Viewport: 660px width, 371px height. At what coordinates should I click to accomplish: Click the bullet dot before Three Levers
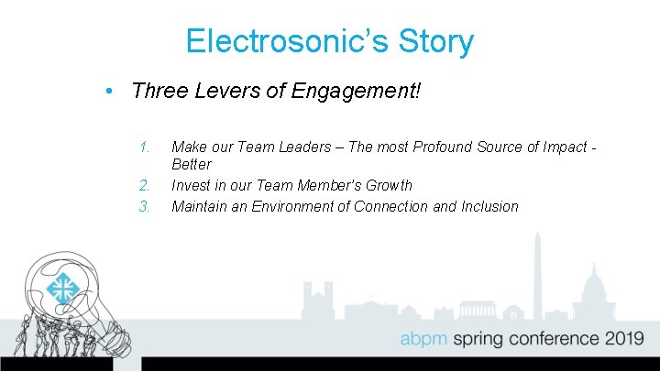[108, 92]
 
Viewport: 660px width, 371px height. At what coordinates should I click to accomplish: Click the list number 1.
[144, 147]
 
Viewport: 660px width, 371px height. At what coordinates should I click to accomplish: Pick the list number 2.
[144, 185]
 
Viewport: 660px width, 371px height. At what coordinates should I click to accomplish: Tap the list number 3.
[144, 206]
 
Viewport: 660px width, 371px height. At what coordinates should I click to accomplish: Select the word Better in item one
[191, 165]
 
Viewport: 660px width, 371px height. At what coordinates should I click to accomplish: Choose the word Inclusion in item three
[489, 206]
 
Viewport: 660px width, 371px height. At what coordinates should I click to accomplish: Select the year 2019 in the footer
[623, 339]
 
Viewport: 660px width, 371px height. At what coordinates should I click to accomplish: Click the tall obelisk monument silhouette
[538, 275]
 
